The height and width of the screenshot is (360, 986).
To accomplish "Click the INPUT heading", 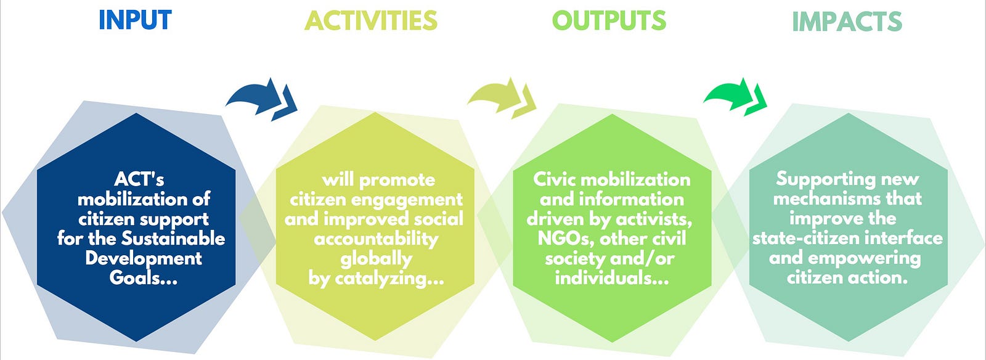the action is click(135, 20).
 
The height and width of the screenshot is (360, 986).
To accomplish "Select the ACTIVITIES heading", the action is click(370, 21).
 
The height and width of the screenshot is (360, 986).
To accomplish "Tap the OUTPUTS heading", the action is click(609, 21).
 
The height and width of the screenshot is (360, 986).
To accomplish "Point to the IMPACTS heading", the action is click(847, 22).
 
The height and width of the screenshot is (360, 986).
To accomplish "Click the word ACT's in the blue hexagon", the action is click(139, 179).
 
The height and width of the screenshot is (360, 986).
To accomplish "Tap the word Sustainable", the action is click(173, 239).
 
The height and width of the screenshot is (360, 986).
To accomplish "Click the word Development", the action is click(144, 258).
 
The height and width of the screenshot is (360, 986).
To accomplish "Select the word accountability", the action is click(377, 239).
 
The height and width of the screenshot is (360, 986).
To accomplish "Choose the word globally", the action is click(377, 259).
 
